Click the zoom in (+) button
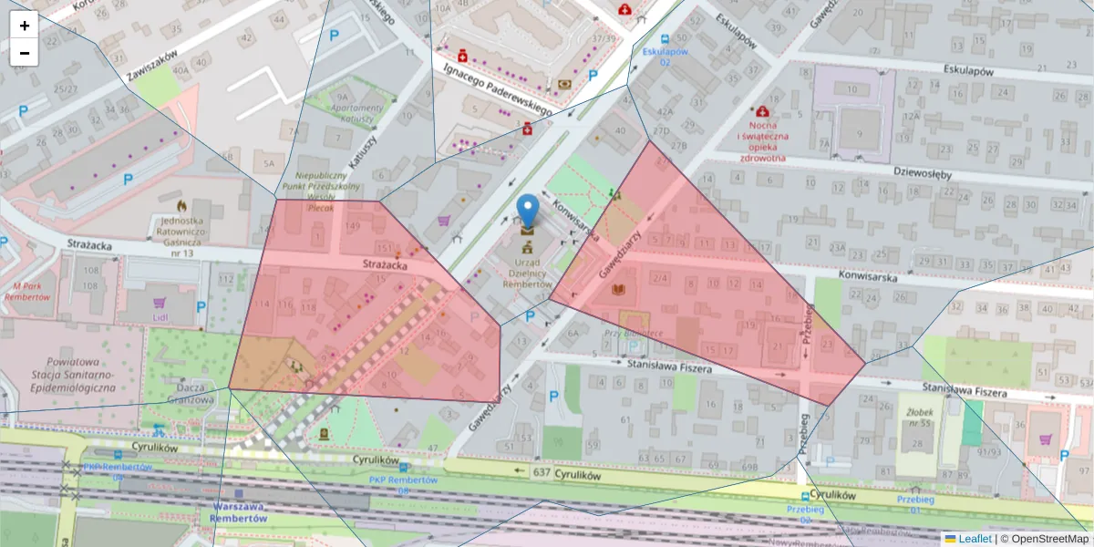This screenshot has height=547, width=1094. pyautogui.click(x=25, y=26)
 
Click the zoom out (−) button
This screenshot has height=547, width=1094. pyautogui.click(x=25, y=53)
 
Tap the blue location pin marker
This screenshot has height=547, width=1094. pyautogui.click(x=528, y=211)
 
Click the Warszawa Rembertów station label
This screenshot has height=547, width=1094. pyautogui.click(x=238, y=511)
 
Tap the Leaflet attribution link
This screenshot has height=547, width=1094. pyautogui.click(x=975, y=539)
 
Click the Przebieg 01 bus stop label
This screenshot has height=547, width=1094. pyautogui.click(x=916, y=504)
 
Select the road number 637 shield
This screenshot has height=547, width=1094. pyautogui.click(x=542, y=471)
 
